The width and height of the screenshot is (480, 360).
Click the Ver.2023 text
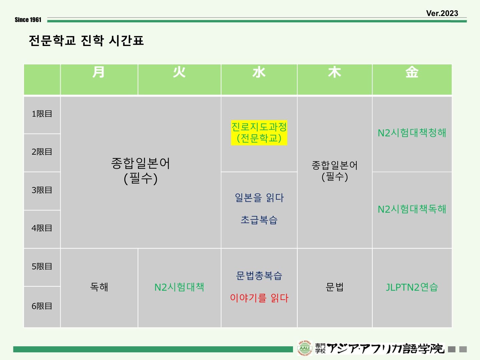pos(442,13)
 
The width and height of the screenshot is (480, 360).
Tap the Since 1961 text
pos(28,20)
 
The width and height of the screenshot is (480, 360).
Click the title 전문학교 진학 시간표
pos(86,40)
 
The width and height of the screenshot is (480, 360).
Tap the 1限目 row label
pos(42,114)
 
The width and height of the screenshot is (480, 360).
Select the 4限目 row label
pos(42,228)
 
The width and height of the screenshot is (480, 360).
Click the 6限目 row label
pos(42,306)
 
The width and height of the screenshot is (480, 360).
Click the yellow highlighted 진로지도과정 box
pos(259,133)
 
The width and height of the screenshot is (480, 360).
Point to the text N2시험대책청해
pos(412,133)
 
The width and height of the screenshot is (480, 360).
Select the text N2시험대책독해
pos(412,209)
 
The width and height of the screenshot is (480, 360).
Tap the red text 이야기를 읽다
pos(259,298)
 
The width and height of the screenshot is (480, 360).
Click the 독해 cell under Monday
pos(99,287)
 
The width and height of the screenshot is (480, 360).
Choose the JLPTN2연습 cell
pos(412,287)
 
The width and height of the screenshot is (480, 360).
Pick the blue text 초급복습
pos(259,220)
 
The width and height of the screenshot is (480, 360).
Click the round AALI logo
pos(305,348)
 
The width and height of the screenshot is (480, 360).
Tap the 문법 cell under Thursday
pos(335,287)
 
